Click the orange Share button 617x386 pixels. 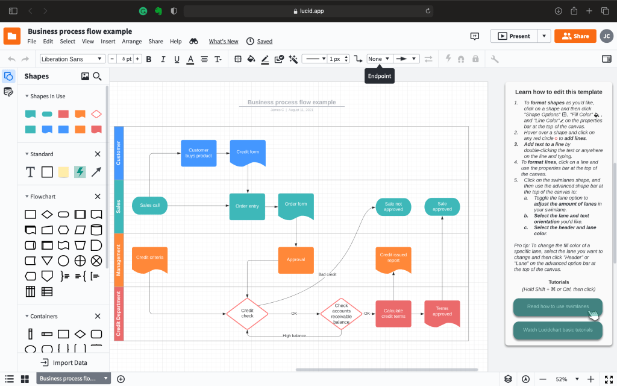[x=575, y=36]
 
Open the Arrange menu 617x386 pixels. [x=132, y=42]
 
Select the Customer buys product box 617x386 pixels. [x=199, y=153]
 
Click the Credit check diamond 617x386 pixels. [x=247, y=313]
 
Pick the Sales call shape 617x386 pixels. [x=149, y=205]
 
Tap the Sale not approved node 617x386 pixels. [x=393, y=207]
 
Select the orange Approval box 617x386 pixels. [x=296, y=259]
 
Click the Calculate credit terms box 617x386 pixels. [x=393, y=314]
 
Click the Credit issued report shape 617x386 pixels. [x=393, y=258]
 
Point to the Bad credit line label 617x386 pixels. [x=327, y=274]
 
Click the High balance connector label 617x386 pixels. [x=294, y=335]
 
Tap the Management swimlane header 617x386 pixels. [x=119, y=260]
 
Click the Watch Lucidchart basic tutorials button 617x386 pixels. [x=557, y=330]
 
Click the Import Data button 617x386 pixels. [x=63, y=362]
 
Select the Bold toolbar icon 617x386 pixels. [x=148, y=59]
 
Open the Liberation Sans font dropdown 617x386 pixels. [x=72, y=59]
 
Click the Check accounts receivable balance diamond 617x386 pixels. [x=341, y=314]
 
